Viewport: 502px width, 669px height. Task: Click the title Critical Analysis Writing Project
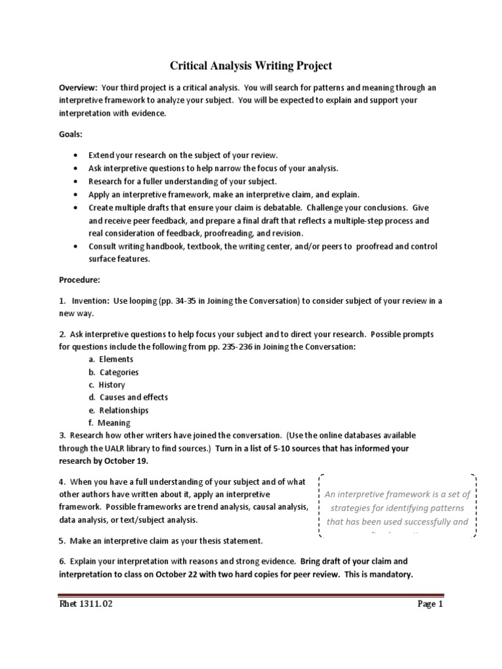[x=251, y=65]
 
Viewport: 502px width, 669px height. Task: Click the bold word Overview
[x=78, y=88]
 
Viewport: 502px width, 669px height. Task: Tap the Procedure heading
[x=80, y=280]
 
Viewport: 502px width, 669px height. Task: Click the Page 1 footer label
[x=431, y=604]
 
